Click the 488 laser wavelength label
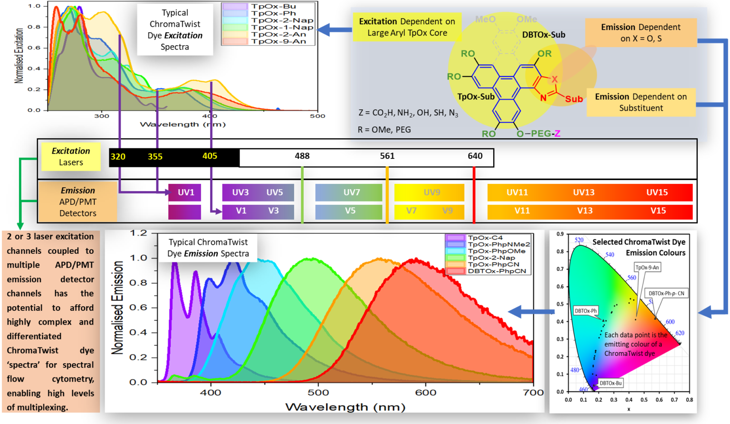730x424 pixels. click(302, 156)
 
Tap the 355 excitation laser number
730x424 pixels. click(155, 156)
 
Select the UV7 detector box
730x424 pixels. click(349, 193)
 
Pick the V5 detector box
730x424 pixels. click(349, 211)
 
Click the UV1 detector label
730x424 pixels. click(186, 193)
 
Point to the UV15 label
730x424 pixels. click(657, 193)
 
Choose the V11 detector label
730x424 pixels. click(522, 211)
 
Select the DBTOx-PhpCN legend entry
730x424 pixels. click(497, 271)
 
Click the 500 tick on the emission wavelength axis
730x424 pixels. click(318, 393)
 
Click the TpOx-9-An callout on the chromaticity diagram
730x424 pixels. click(647, 267)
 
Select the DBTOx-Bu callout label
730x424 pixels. click(610, 383)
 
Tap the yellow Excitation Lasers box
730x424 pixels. click(71, 156)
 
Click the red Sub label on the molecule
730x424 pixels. click(574, 99)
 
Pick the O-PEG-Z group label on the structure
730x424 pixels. click(538, 134)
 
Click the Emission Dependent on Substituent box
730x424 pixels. click(641, 102)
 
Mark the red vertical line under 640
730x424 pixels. click(474, 195)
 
